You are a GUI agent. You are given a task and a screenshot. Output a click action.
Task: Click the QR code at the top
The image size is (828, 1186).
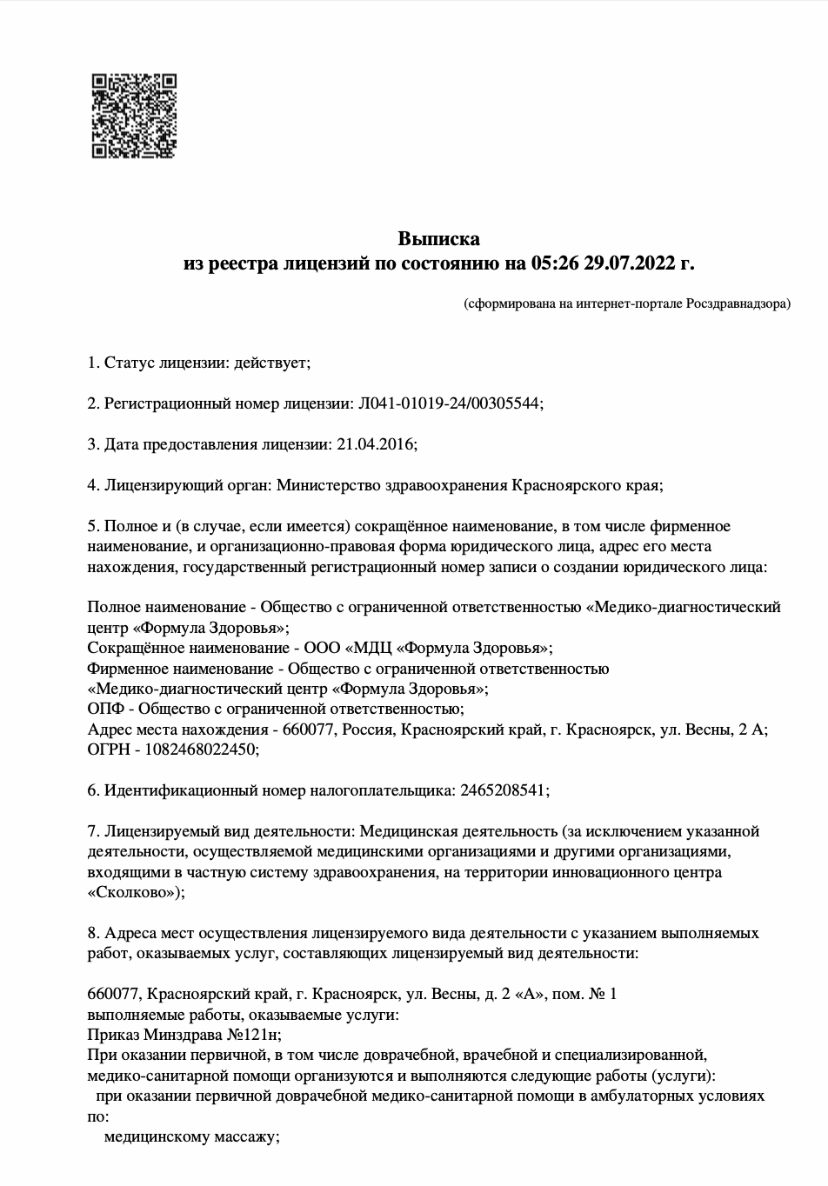point(134,117)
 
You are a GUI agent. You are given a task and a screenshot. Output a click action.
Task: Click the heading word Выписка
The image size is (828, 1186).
point(438,238)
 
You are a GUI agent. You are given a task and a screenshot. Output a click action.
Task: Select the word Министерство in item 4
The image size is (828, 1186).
point(329,485)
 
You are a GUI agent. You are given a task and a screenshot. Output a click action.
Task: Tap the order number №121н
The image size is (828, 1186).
point(253,1035)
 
